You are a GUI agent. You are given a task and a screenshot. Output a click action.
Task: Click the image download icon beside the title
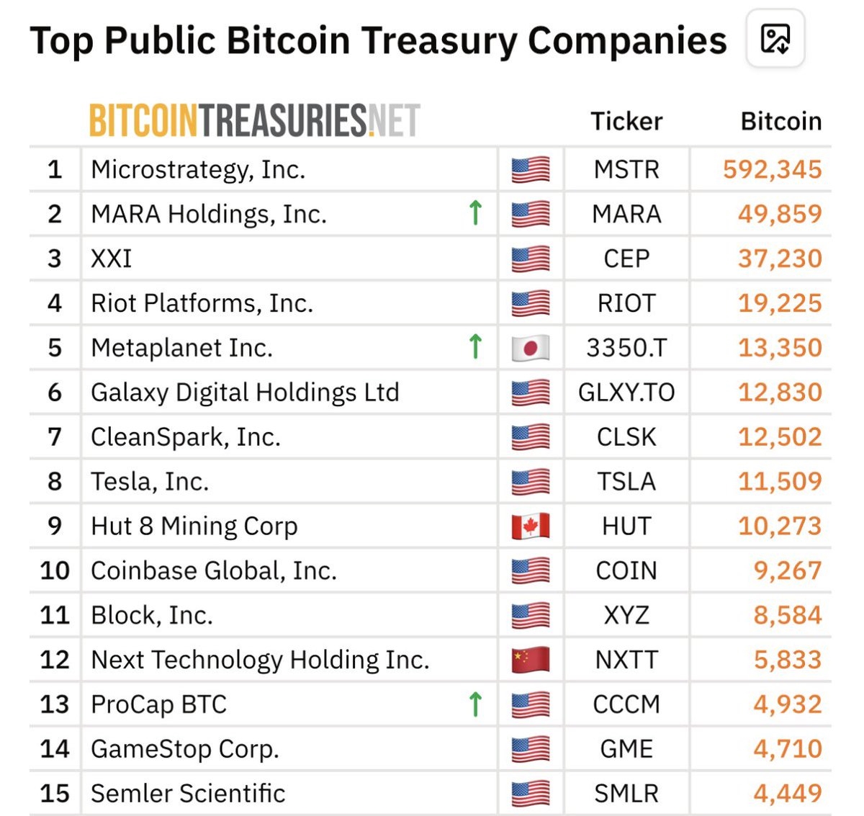click(x=775, y=39)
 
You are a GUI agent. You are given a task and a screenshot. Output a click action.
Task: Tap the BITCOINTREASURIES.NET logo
click(x=254, y=120)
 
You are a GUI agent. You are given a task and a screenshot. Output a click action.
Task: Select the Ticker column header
click(x=626, y=121)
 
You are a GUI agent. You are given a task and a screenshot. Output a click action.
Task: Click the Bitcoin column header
click(x=781, y=121)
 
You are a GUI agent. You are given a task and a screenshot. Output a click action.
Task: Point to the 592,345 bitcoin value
click(x=772, y=169)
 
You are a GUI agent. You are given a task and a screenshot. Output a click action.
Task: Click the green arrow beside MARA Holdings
click(x=475, y=213)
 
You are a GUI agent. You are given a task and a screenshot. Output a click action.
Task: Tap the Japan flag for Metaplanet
click(x=531, y=348)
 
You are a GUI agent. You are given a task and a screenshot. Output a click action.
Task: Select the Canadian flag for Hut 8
click(x=531, y=526)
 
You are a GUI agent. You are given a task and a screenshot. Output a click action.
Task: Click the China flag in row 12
click(x=531, y=660)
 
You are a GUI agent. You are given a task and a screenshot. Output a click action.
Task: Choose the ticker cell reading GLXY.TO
click(x=626, y=393)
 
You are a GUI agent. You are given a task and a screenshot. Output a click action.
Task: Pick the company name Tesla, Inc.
click(x=150, y=481)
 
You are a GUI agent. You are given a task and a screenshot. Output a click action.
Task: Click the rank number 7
click(x=55, y=436)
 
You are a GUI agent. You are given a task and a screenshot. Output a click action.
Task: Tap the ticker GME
click(x=626, y=749)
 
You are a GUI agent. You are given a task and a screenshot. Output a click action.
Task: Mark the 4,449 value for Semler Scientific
click(x=787, y=793)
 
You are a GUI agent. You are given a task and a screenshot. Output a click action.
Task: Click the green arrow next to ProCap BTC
click(x=475, y=704)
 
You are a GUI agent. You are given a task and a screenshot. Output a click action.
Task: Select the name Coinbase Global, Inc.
click(x=214, y=570)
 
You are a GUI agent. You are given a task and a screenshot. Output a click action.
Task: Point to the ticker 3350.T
click(x=626, y=348)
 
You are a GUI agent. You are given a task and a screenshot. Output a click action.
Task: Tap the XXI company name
click(x=112, y=259)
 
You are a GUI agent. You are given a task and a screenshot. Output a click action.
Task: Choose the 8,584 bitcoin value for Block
click(x=787, y=615)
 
